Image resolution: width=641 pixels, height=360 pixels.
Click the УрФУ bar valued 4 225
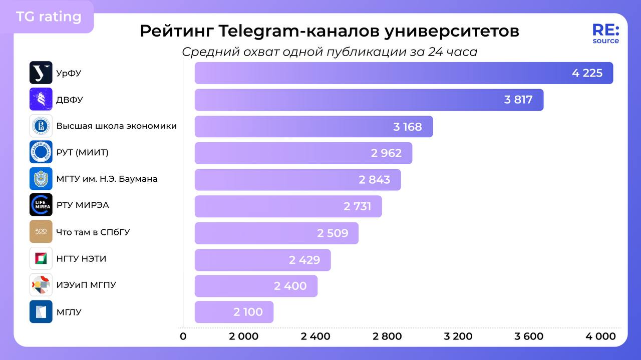tap(403, 73)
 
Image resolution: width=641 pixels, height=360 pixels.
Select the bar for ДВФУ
tap(369, 100)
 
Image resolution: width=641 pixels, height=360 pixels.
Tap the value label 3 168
tap(408, 127)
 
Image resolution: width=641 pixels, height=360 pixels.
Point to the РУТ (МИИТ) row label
tap(82, 152)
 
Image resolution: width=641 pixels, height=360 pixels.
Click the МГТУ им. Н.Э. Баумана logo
tap(41, 179)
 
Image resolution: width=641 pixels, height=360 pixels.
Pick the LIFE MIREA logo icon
tap(41, 205)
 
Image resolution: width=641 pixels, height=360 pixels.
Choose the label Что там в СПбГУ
tap(93, 232)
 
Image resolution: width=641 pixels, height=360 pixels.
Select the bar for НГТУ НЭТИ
tap(262, 260)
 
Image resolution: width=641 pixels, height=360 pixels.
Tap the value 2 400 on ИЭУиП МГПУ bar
tap(290, 286)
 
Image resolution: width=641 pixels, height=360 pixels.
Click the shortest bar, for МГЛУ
tap(234, 312)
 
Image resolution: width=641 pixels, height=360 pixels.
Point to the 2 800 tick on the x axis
tap(387, 336)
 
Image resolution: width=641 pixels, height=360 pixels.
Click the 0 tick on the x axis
tap(183, 336)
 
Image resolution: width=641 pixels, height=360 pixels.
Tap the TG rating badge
tap(49, 17)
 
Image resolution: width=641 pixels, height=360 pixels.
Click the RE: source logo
tap(605, 34)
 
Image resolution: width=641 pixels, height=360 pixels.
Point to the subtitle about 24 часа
tap(330, 52)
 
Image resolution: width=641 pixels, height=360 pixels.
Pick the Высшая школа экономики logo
tap(41, 126)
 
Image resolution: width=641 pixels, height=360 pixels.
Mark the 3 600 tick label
tap(529, 336)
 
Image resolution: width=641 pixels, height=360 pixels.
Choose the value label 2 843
tap(374, 180)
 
